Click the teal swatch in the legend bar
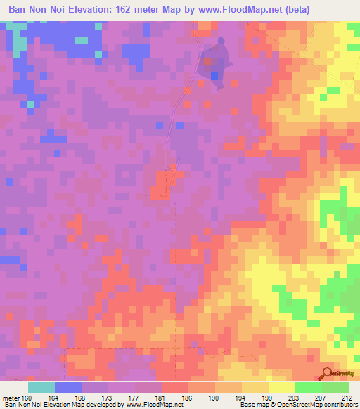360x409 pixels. [x=41, y=387]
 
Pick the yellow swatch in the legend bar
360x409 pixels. [x=281, y=387]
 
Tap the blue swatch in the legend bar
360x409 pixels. [x=68, y=387]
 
